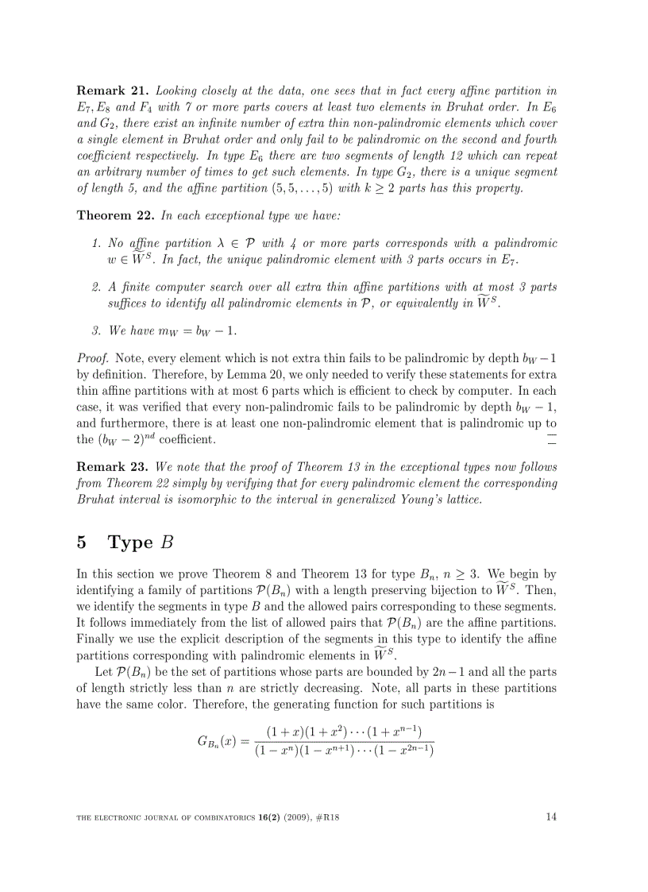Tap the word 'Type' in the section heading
pos(129,543)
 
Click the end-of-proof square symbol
pos(552,439)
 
